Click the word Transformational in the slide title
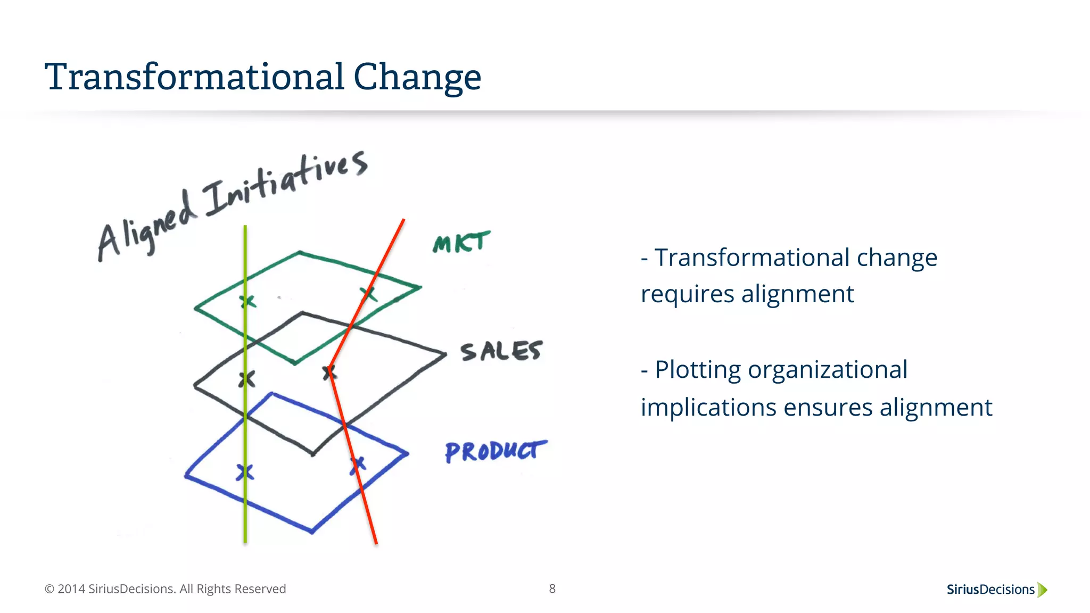(x=195, y=77)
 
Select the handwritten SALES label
(x=501, y=352)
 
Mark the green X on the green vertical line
(x=247, y=302)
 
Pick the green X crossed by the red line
(x=368, y=294)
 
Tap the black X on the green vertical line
(x=246, y=379)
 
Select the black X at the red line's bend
(x=330, y=372)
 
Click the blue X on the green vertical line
(x=245, y=472)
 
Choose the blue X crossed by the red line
(x=358, y=465)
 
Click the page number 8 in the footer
(x=552, y=589)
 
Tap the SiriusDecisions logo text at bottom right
(x=990, y=590)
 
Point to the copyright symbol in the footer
(x=49, y=589)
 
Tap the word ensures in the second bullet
(x=828, y=408)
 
